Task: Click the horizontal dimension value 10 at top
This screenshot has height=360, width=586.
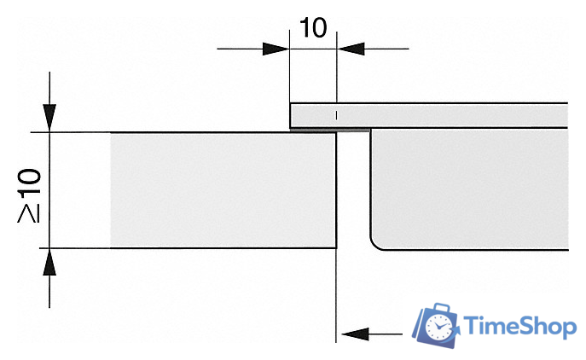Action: coord(313,27)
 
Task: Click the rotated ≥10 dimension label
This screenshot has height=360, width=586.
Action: coord(29,195)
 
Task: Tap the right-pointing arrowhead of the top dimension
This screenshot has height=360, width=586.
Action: coord(276,49)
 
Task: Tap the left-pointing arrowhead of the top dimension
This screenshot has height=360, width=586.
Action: coord(351,49)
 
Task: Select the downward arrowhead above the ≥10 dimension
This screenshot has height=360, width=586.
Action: coord(49,118)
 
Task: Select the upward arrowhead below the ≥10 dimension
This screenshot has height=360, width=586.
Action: coord(49,262)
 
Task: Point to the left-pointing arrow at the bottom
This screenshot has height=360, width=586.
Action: coord(372,334)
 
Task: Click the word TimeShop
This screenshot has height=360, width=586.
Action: coord(519,327)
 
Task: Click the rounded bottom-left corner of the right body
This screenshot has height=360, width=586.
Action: coord(374,245)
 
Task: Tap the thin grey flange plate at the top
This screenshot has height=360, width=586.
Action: coord(429,115)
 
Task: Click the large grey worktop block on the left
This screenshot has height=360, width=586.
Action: coord(223,190)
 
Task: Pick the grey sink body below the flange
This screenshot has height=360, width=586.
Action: coord(470,189)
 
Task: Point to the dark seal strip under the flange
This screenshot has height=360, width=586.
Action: coord(330,130)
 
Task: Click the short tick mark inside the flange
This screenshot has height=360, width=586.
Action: coord(336,115)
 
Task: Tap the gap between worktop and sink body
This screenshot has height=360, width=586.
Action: coord(353,189)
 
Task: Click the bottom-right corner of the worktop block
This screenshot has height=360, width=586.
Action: coord(336,248)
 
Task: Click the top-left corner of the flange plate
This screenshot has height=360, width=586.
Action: coord(290,103)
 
